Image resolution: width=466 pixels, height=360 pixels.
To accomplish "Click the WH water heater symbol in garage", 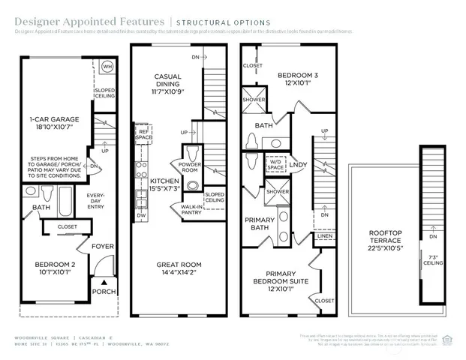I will [107, 66].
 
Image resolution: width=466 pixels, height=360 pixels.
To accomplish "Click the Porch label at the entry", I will [104, 292].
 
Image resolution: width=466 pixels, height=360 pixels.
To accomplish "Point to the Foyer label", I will [102, 246].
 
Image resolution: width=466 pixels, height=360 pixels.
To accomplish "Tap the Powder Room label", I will [191, 167].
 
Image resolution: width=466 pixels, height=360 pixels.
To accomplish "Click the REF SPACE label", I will [143, 134].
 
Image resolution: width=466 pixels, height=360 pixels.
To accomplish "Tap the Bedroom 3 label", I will [299, 79].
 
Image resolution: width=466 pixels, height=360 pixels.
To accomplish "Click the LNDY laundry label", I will [298, 165].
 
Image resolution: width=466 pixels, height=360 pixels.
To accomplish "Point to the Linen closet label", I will [323, 236].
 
